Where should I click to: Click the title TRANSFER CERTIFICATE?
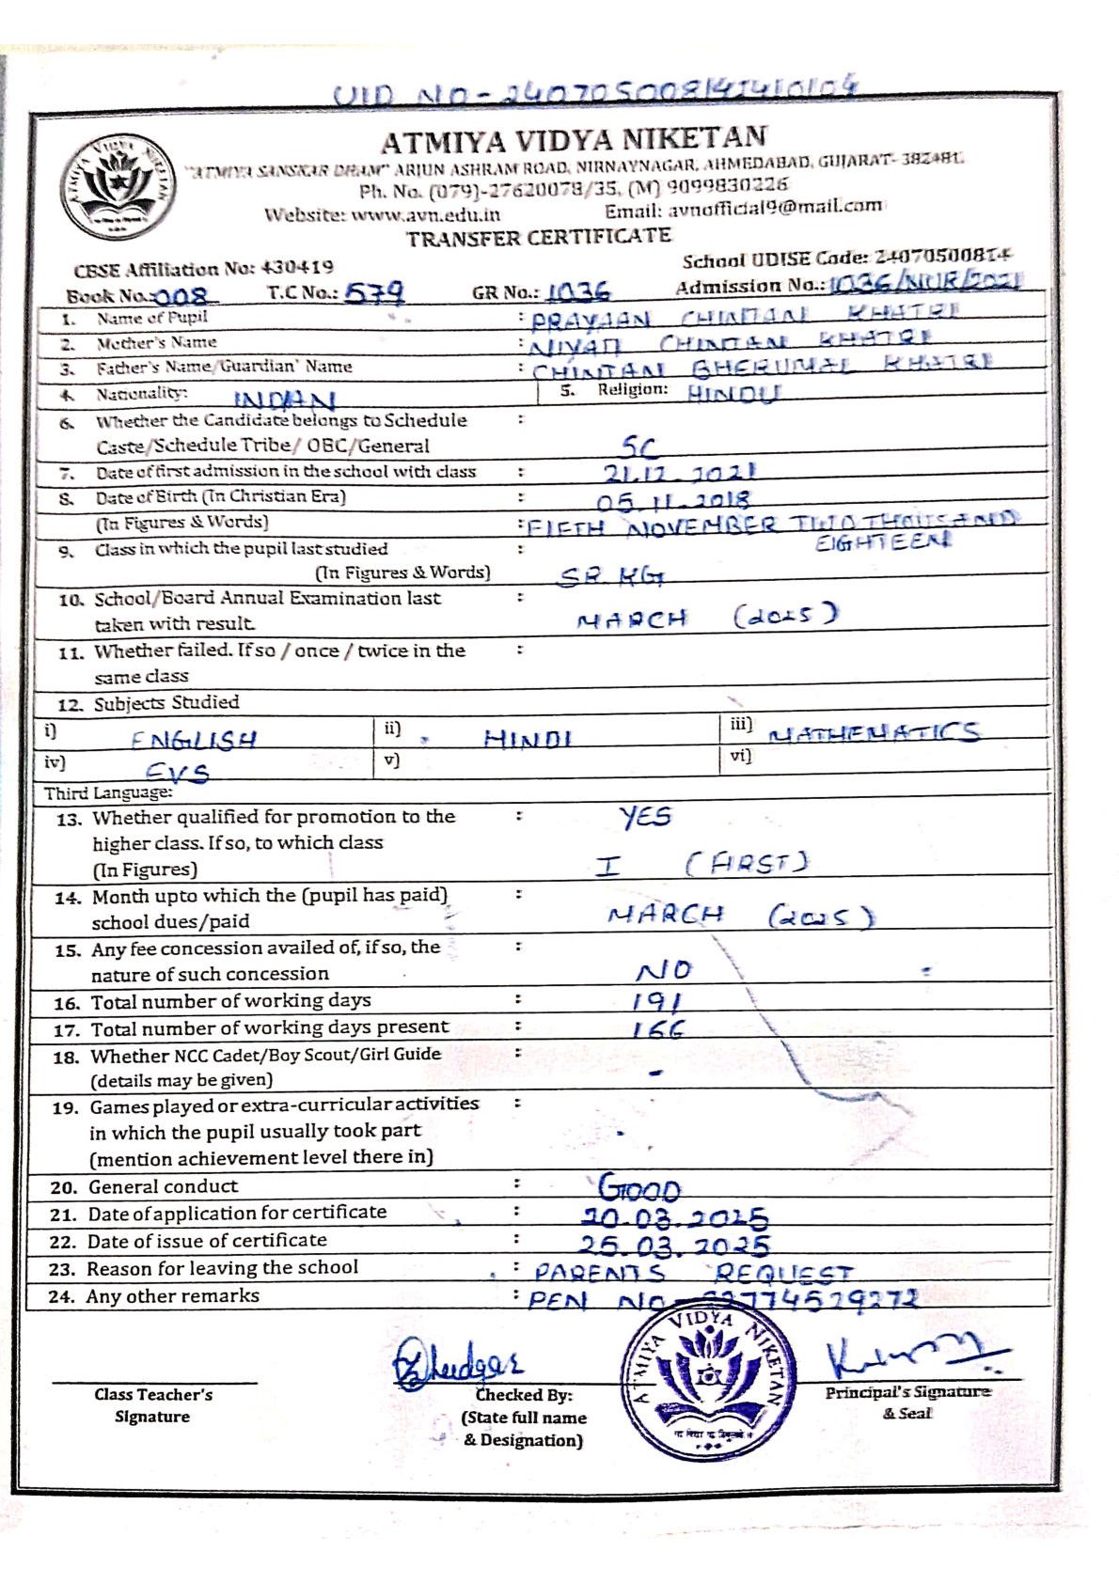539,237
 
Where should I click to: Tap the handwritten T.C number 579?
374,293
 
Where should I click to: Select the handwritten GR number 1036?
578,292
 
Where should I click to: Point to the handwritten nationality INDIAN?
284,400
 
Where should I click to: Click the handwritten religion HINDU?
733,393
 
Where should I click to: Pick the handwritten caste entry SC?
639,447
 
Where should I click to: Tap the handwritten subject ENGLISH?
194,740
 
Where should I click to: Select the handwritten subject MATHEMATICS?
875,732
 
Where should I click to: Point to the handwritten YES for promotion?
645,816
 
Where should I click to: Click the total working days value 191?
658,1001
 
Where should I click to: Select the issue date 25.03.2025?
673,1246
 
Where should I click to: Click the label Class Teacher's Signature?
153,1405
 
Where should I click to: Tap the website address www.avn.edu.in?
426,214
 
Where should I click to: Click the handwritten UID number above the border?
596,91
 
